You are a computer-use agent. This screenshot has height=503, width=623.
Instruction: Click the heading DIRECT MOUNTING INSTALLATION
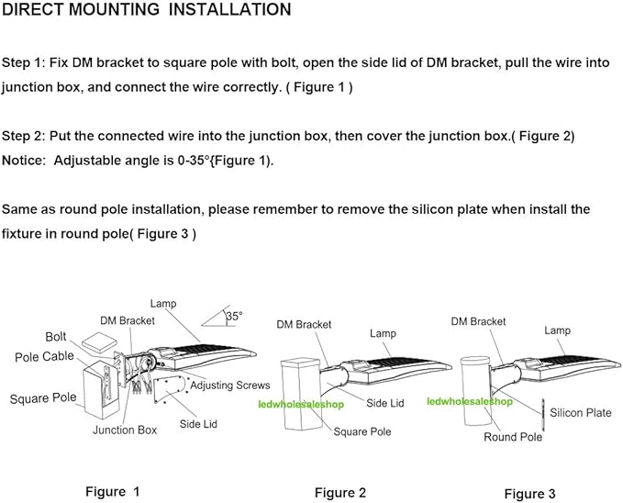(147, 10)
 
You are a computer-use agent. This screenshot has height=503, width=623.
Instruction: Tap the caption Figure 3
(530, 494)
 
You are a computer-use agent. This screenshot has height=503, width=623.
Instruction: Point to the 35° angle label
(234, 316)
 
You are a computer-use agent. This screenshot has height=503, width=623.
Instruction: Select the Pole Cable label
(45, 356)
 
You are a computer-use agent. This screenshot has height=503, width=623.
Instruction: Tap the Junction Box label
(125, 430)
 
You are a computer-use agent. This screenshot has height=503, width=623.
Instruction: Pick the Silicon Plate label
(581, 413)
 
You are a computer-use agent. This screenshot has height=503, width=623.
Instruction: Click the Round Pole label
(513, 437)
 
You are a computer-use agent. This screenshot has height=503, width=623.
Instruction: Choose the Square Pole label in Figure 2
(362, 430)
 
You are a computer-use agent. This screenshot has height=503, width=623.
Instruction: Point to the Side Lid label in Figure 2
(385, 403)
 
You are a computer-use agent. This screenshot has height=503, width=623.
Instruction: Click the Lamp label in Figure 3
(557, 330)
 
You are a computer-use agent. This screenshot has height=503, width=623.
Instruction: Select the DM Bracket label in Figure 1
(127, 320)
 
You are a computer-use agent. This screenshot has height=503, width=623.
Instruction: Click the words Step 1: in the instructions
(27, 62)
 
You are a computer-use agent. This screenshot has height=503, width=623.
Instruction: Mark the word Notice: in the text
(26, 161)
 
